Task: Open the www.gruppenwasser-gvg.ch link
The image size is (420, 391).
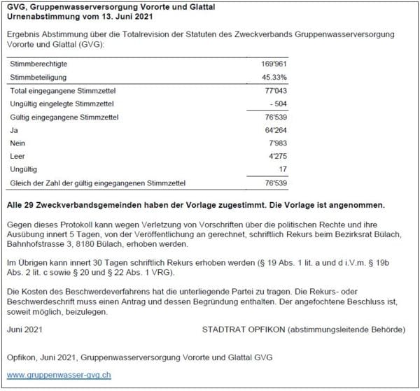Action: [x=59, y=376]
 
